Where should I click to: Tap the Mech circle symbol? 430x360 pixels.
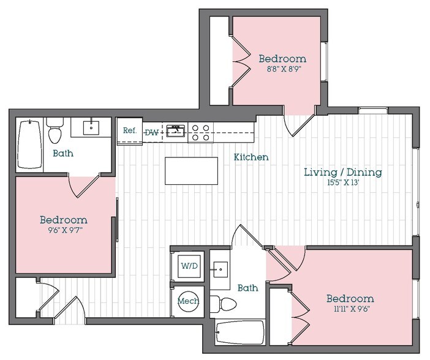click(186, 301)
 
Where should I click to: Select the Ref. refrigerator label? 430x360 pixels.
click(129, 130)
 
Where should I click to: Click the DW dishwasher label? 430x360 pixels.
click(151, 132)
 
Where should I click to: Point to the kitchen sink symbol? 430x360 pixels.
click(176, 130)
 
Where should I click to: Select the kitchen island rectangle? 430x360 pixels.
click(191, 171)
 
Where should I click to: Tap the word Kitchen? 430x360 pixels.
click(251, 157)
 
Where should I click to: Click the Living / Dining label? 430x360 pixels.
click(343, 172)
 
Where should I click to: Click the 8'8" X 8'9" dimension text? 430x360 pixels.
click(282, 69)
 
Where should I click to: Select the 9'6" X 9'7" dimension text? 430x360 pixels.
click(63, 230)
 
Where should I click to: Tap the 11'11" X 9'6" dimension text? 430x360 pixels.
click(349, 309)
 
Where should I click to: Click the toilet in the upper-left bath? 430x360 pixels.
click(55, 132)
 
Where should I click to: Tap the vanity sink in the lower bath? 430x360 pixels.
click(220, 268)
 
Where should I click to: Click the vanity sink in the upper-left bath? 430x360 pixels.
click(92, 127)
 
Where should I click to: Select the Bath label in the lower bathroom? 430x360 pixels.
click(247, 288)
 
